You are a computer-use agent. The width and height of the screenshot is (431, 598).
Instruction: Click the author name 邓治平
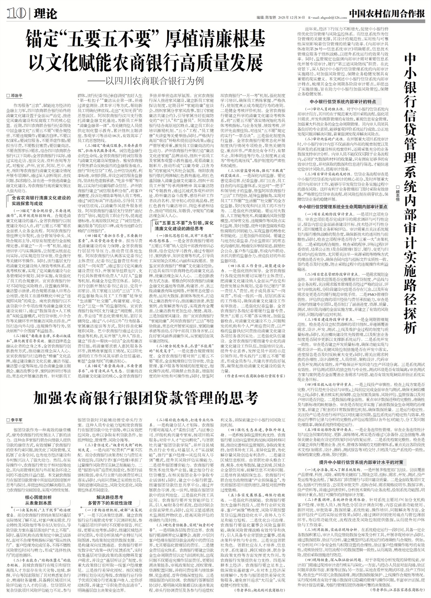pos(16,95)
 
